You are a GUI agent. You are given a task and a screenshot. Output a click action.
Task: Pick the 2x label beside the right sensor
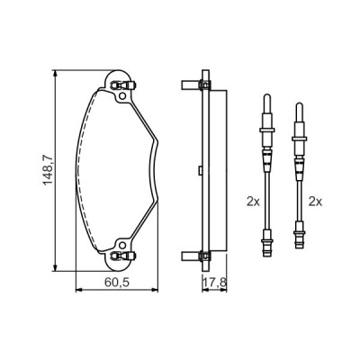[x=314, y=202]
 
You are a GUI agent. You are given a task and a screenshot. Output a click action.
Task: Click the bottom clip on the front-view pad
[x=120, y=257]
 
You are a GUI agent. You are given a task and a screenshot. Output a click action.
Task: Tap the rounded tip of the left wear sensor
[x=265, y=98]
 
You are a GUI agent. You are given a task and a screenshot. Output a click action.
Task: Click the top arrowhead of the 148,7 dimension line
[x=58, y=75]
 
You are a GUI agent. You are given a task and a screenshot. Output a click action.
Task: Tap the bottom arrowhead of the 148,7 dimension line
[x=58, y=267]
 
